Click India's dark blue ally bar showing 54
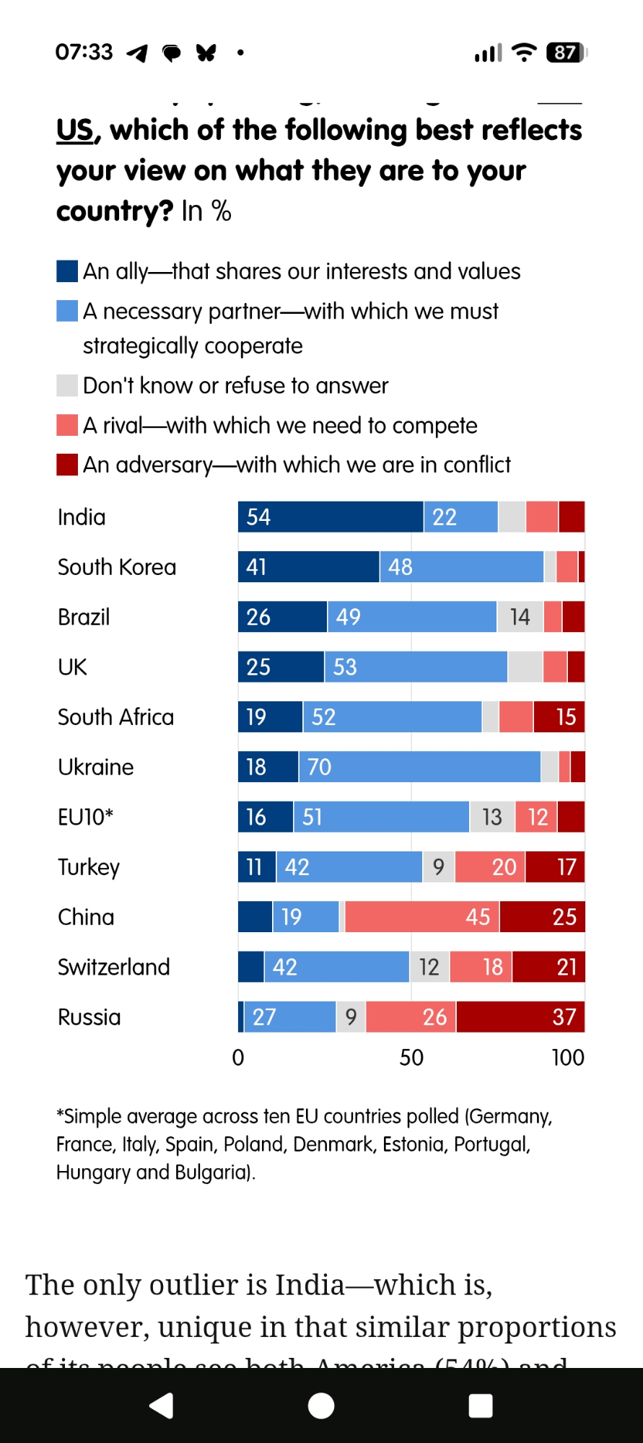330,517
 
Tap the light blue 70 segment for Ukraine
419,766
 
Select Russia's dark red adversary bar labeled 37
520,1017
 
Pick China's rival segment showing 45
422,917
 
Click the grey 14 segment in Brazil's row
520,617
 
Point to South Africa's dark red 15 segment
559,716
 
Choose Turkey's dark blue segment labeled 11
256,867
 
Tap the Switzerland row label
114,967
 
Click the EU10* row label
85,817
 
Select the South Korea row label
117,567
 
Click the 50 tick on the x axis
411,1058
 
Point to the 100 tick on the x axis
568,1058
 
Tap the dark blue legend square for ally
67,271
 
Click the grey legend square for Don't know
67,385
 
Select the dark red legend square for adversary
67,465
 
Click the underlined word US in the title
75,131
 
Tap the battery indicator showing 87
567,53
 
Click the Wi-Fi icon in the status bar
524,52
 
